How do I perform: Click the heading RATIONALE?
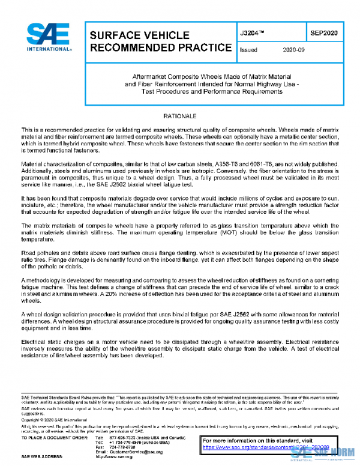179,114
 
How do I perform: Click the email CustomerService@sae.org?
136,451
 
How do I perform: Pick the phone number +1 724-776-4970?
123,441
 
